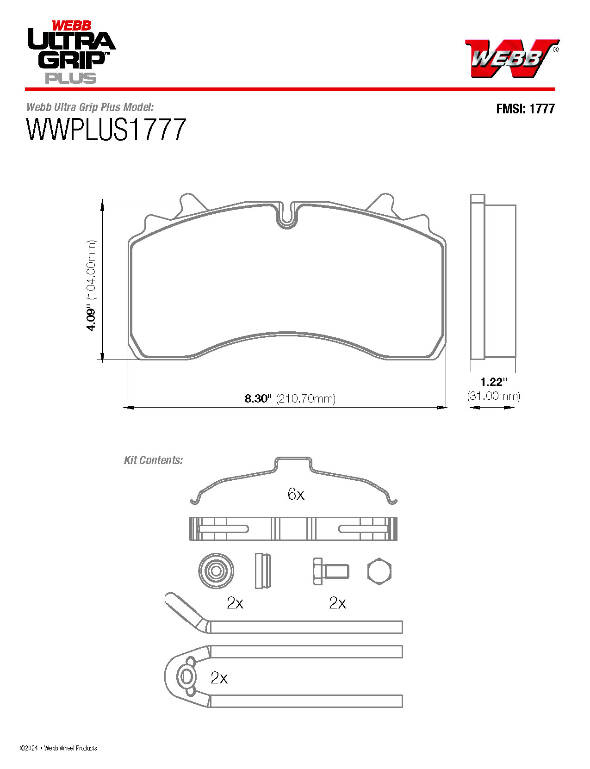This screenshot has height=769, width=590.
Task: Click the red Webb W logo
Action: click(510, 58)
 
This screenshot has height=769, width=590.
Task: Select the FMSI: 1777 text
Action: click(525, 109)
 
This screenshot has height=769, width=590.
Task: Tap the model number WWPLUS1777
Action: click(106, 130)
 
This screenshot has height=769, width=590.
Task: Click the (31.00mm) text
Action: click(493, 396)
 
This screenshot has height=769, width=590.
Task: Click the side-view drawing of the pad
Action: click(492, 278)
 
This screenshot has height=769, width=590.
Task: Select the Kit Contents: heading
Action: click(153, 460)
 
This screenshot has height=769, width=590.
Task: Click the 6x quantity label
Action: click(296, 494)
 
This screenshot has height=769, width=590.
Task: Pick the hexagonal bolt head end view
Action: click(379, 571)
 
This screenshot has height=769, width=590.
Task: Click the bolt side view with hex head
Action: click(330, 571)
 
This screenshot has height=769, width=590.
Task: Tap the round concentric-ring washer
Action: click(216, 571)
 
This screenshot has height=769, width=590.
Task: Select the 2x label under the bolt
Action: click(337, 603)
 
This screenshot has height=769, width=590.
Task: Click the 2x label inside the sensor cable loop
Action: click(219, 678)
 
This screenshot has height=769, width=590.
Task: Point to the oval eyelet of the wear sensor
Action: click(186, 676)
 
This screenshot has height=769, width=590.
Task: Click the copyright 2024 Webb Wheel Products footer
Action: click(58, 748)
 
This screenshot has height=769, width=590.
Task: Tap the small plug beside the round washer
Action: click(262, 571)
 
